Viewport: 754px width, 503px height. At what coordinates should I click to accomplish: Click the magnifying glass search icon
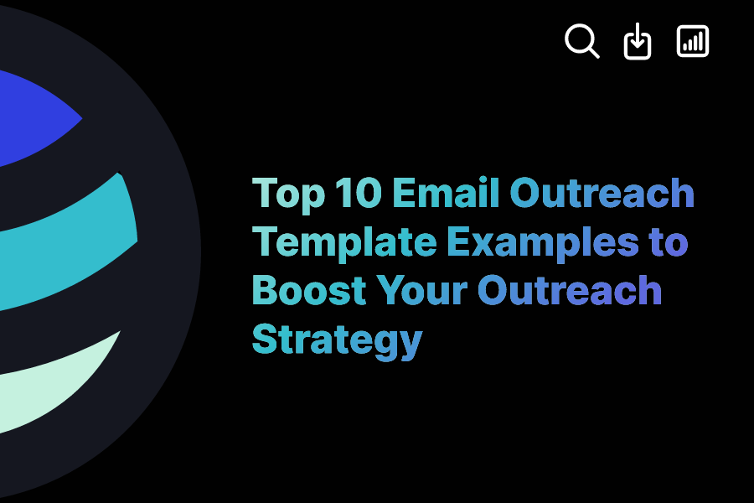coord(581,40)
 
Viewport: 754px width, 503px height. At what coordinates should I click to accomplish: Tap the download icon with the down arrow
coord(638,42)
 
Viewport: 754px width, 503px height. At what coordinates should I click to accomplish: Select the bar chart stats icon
coord(693,41)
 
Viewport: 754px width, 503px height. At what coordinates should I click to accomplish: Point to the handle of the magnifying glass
coord(594,53)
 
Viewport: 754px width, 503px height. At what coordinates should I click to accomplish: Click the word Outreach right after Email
coord(602,194)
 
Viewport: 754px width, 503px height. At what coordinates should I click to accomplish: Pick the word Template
coord(343,243)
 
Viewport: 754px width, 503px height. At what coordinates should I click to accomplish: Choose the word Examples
coord(542,243)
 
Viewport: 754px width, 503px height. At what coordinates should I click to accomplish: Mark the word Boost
coord(309,291)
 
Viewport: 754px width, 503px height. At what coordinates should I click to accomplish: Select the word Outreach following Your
coord(570,291)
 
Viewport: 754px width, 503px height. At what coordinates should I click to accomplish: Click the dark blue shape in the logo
coord(34,117)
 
